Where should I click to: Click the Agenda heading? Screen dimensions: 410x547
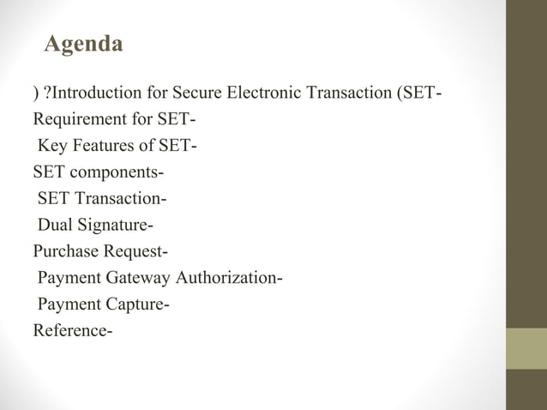click(x=83, y=43)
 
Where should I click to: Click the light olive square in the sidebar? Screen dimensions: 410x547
click(x=526, y=348)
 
